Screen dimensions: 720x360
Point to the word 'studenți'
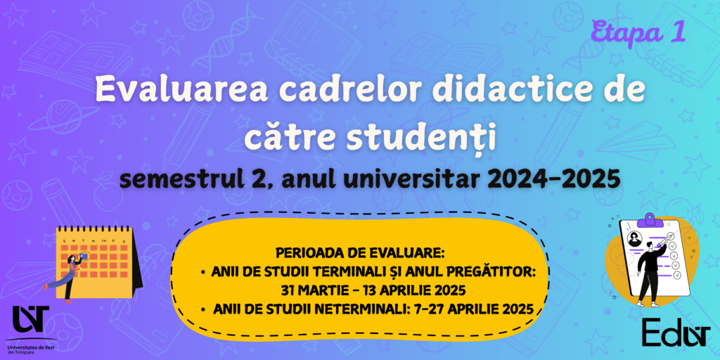421,137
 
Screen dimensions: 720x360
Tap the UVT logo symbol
30,319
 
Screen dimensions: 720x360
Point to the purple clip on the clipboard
649,219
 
